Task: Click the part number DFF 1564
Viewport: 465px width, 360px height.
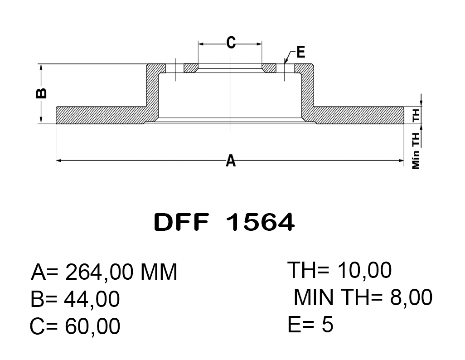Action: click(224, 222)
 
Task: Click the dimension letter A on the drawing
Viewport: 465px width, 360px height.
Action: click(231, 161)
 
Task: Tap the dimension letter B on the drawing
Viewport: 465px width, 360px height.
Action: click(41, 93)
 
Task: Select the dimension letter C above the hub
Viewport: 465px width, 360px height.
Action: click(231, 43)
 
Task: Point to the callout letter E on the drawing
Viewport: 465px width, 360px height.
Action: click(300, 52)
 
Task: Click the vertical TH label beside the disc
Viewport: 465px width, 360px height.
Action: click(416, 115)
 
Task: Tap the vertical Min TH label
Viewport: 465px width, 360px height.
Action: click(416, 151)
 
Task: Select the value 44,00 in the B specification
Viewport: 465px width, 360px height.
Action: click(92, 299)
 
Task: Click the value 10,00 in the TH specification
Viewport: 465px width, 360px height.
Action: click(364, 270)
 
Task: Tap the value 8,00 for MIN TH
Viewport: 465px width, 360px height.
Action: click(411, 297)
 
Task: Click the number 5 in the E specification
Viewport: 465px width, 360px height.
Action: click(327, 324)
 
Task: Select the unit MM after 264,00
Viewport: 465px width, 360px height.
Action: click(159, 272)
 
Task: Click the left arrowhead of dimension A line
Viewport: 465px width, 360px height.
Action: click(59, 161)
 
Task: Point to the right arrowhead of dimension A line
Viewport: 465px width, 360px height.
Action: click(401, 161)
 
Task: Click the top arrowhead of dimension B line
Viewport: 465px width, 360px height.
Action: click(41, 67)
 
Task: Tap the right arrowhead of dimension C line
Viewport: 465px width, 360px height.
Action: click(259, 44)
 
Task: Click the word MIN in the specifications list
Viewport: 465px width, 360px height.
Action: click(314, 297)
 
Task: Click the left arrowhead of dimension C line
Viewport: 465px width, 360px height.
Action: click(201, 44)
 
